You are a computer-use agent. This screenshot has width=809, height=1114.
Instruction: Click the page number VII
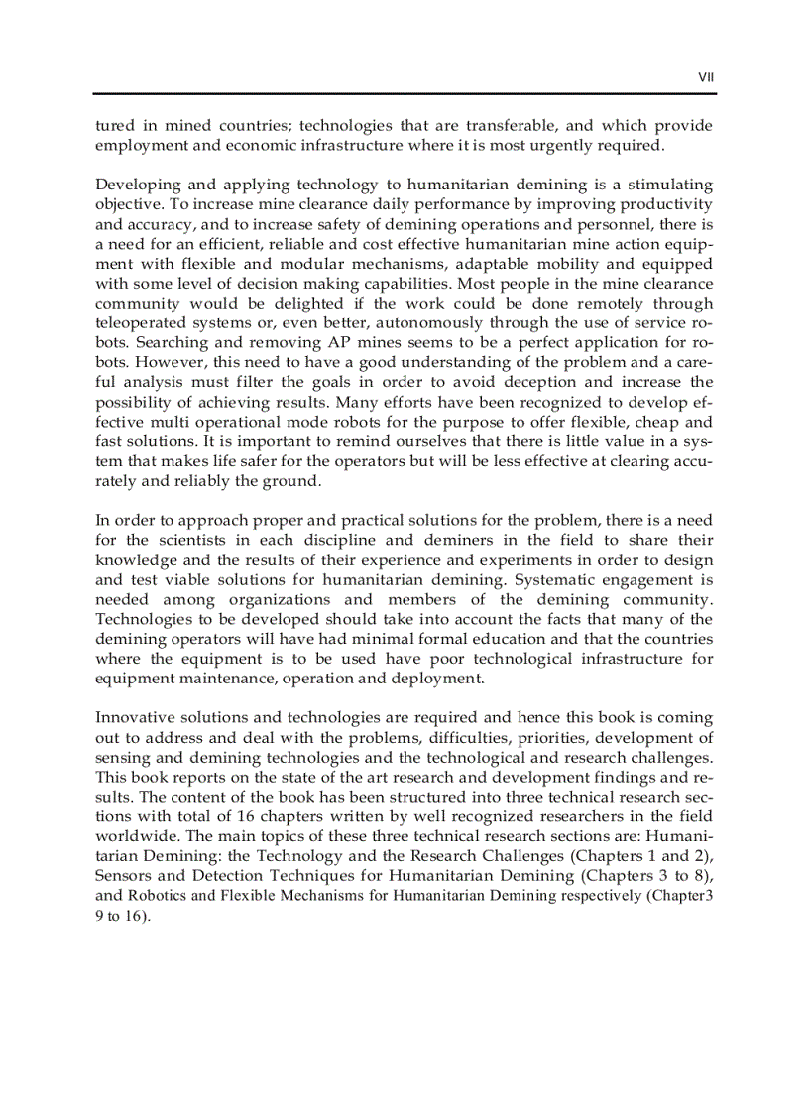pos(706,75)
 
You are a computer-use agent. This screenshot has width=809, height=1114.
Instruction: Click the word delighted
pos(299,304)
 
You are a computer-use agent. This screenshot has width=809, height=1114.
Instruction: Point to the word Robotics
pos(162,897)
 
